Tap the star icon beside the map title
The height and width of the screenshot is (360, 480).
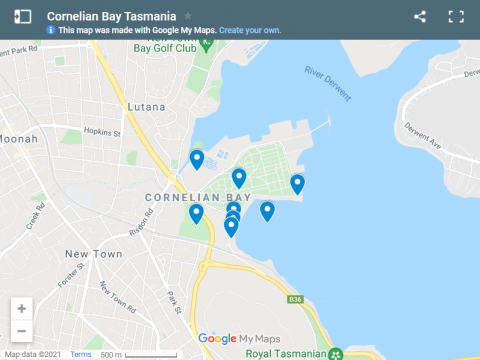(188, 17)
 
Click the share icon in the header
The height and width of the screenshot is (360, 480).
(420, 17)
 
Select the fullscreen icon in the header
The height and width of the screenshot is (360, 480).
(456, 17)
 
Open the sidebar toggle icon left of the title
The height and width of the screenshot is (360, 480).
(22, 17)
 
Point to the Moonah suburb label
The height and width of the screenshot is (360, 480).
(18, 138)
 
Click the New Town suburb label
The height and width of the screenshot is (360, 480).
(93, 255)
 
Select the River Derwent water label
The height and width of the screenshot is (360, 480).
(329, 83)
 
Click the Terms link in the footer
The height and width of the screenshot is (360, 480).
(80, 355)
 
